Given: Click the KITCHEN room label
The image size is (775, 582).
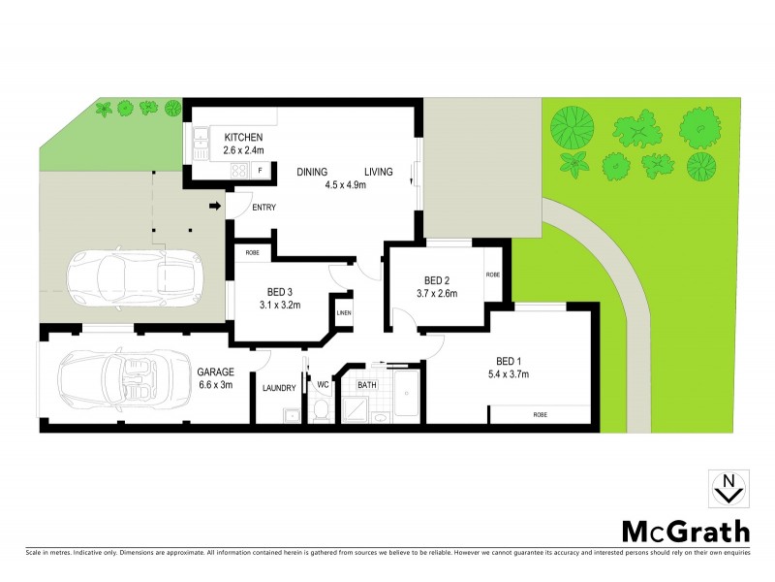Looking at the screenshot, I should (x=243, y=137).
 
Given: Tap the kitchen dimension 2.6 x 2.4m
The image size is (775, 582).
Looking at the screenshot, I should (x=243, y=150).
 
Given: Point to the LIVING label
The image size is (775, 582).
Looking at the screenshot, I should (x=379, y=172).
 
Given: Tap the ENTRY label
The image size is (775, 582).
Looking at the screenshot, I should (x=263, y=208).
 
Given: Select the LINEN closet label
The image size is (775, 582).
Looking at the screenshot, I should (x=344, y=312).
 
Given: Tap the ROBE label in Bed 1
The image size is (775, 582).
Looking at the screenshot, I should (x=540, y=414).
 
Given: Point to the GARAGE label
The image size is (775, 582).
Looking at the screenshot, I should (x=214, y=372).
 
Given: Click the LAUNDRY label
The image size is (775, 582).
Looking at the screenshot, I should (x=278, y=388).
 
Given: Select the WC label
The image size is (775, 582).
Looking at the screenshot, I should (x=324, y=385).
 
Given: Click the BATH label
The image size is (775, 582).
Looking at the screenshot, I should (x=367, y=385).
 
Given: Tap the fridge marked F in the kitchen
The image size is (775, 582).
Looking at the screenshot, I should (x=260, y=171).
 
